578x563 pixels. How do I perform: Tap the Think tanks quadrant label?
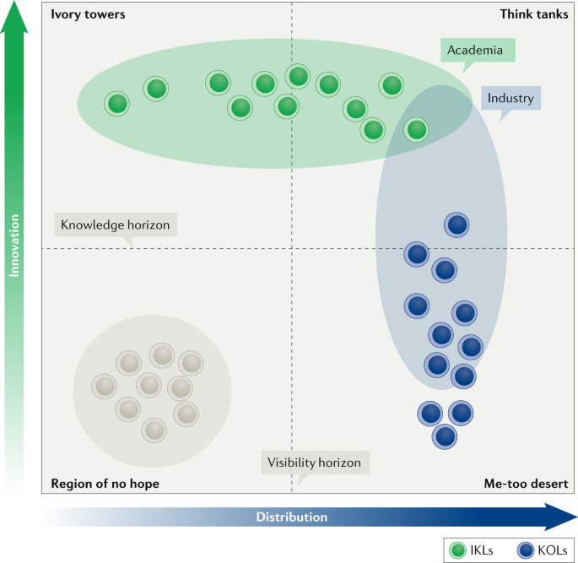point(533,14)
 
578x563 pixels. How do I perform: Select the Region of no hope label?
point(105,484)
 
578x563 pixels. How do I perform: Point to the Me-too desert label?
point(526,484)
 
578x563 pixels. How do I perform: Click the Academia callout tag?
point(475,51)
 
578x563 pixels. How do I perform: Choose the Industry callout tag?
point(510,99)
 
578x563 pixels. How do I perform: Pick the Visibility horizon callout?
point(314,463)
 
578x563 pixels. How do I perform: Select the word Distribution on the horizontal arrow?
point(291,517)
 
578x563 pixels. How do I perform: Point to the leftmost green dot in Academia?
point(118,104)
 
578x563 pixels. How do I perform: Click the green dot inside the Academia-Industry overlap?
point(416,130)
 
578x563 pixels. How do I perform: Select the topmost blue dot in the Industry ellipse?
point(456,225)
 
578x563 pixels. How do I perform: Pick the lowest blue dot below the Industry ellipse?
point(445,436)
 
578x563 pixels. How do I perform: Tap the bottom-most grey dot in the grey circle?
point(154,430)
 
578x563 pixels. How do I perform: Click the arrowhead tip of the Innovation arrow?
point(14,7)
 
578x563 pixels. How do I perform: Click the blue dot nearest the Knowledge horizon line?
point(417,253)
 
